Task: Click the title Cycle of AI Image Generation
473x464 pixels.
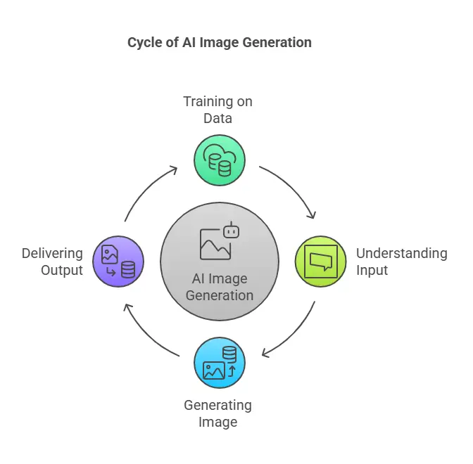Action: pos(219,42)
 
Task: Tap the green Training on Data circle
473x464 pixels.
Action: pos(219,160)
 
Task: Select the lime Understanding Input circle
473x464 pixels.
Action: pos(320,262)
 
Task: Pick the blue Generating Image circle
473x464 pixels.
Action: pos(219,363)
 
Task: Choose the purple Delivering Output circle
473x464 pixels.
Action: pos(118,262)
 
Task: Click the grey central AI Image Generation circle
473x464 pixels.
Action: pos(219,262)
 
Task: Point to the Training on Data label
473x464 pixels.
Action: pos(217,110)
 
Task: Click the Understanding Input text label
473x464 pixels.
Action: pos(401,262)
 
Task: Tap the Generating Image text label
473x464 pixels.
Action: pos(217,413)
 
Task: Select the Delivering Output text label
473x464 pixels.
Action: pos(52,262)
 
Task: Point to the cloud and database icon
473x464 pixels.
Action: pos(219,160)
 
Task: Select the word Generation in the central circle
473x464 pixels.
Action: pos(219,295)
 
